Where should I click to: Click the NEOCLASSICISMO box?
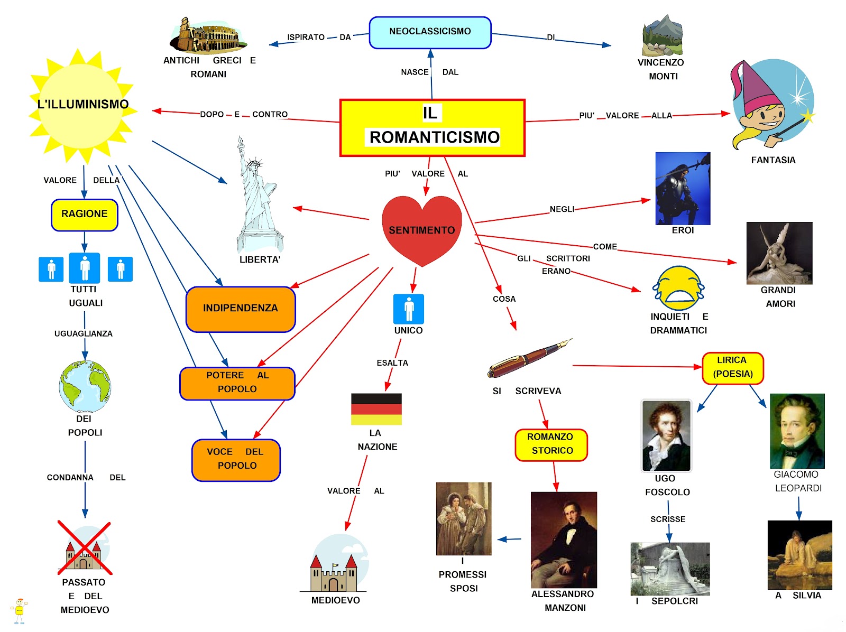pos(430,32)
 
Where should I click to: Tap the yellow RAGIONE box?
pos(85,215)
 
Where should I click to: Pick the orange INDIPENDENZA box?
pos(241,309)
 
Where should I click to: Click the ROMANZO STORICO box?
pos(551,444)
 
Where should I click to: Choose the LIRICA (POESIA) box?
pos(732,368)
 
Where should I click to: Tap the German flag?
pos(376,409)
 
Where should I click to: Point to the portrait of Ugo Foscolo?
pos(666,435)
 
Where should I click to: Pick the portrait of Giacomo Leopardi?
pos(797,431)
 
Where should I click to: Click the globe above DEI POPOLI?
pos(85,386)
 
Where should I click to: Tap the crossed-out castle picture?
pos(85,548)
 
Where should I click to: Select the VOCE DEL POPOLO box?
pos(236,460)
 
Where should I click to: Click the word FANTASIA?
pos(773,160)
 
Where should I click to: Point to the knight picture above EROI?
pos(683,189)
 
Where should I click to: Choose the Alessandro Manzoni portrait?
pos(564,540)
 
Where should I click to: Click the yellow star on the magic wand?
pos(807,116)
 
